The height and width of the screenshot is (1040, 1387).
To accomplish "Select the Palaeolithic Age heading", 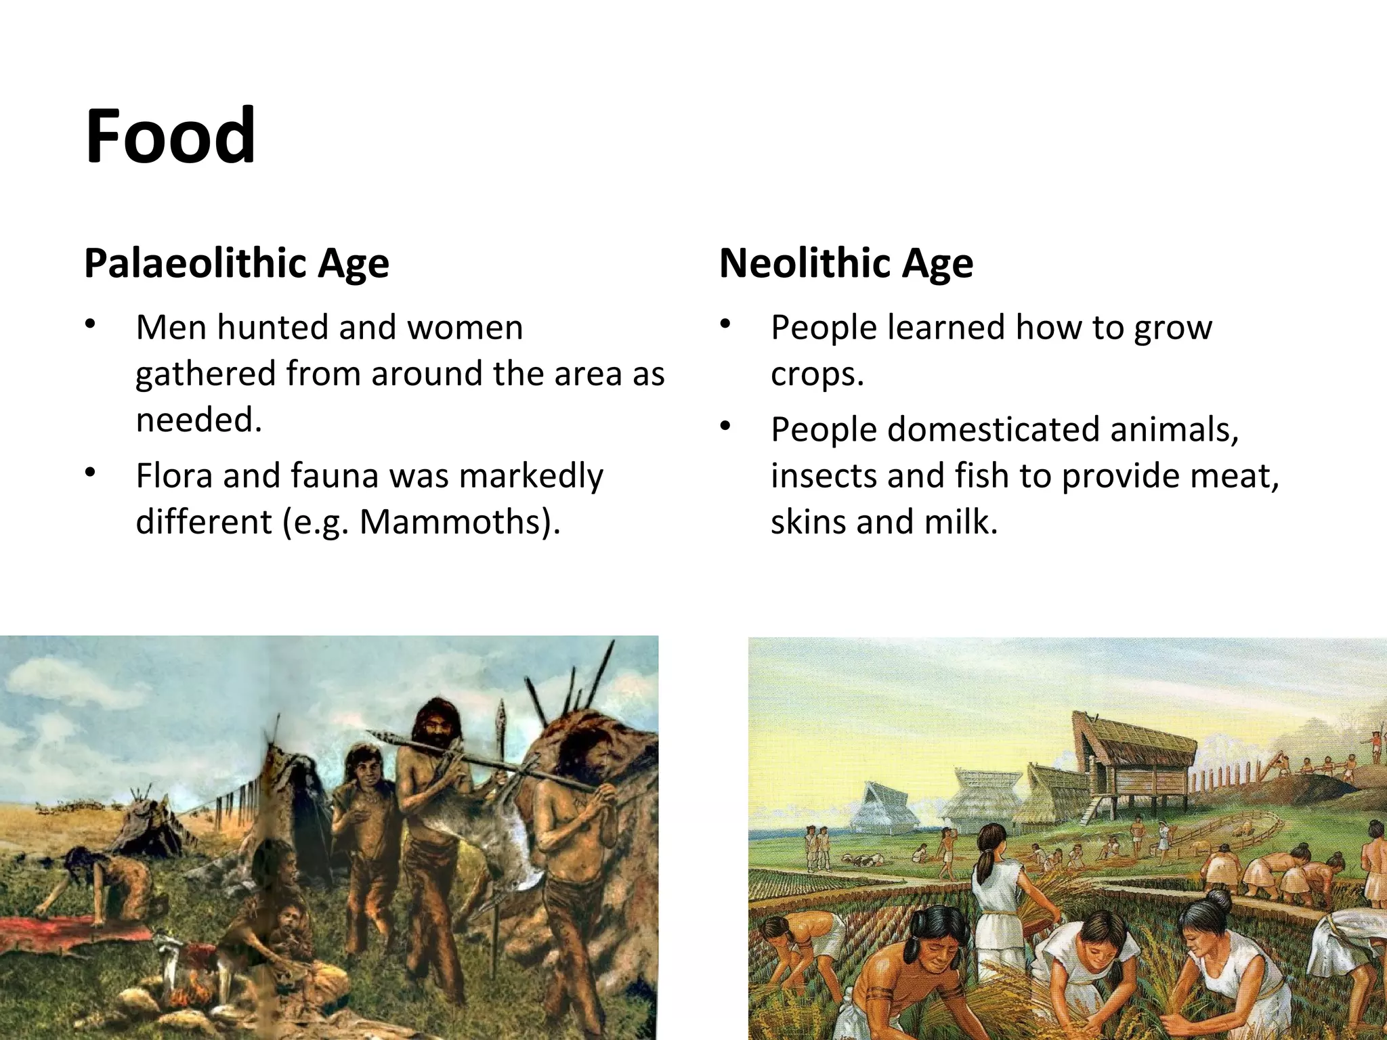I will point(236,263).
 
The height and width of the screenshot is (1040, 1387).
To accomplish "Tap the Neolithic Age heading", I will point(846,263).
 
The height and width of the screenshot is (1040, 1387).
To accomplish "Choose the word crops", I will point(816,374).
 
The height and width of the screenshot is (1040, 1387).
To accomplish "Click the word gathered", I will point(205,374).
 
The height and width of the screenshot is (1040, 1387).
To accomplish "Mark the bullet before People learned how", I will point(726,326).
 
